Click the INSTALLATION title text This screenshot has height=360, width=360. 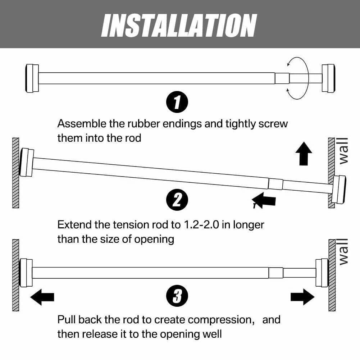coord(179,26)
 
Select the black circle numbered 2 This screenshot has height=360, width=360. coord(177,200)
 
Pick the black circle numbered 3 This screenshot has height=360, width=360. coord(177,297)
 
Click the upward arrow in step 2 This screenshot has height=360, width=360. coord(304,154)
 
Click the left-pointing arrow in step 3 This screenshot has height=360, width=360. coord(42,297)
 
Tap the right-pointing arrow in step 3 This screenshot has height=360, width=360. coord(302,297)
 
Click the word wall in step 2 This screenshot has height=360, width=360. coord(343,151)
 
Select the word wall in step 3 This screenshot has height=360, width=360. coord(343,252)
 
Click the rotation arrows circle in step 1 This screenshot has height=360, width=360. coord(298,78)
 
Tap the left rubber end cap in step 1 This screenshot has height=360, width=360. coord(32,78)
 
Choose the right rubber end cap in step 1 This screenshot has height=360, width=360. coord(328,78)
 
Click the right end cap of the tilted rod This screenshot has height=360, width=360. coord(339,189)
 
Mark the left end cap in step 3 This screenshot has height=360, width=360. coord(26,273)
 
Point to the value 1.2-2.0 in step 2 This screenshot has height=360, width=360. coord(200,225)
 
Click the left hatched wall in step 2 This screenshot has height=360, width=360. coord(15,173)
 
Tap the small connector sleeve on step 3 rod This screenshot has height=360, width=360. coord(276,273)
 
